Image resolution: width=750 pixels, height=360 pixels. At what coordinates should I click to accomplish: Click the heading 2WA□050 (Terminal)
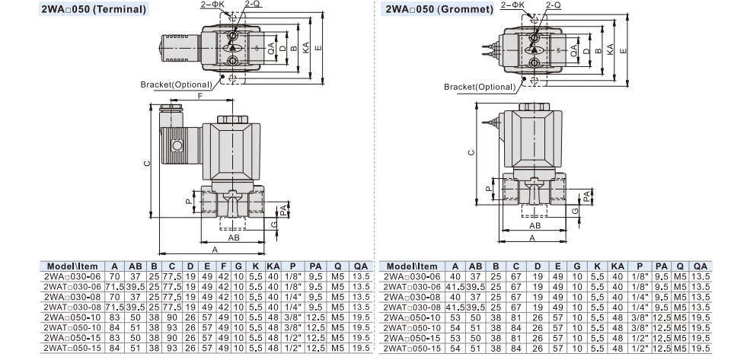tap(74, 11)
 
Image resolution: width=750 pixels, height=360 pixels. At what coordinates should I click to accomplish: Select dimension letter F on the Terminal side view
tap(200, 97)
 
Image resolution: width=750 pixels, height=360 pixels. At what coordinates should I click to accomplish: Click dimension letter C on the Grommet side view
tap(471, 152)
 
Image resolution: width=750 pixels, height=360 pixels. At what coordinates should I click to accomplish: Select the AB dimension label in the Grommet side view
tap(535, 226)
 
